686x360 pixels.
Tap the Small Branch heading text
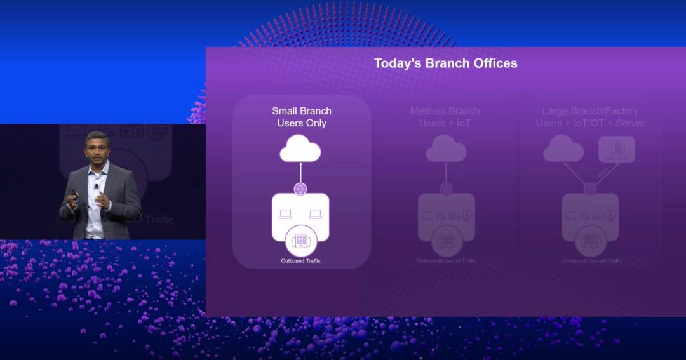coord(302,111)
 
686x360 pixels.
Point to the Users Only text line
coord(302,123)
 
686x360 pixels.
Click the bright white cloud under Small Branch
coord(300,150)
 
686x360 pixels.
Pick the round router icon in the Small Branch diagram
coord(300,189)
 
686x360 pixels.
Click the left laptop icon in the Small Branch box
coord(285,215)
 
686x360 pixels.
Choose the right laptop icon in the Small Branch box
coord(316,215)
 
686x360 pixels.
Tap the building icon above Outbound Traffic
coord(300,241)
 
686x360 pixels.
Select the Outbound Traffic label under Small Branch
coord(301,261)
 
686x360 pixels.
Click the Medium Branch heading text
coord(445,111)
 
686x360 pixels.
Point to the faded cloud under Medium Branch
coord(446,151)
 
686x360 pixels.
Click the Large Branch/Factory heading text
coord(591,111)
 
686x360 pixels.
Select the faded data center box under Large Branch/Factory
coord(617,149)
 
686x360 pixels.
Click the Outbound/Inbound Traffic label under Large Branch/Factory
coord(592,261)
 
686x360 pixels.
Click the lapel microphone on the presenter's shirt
coord(96,185)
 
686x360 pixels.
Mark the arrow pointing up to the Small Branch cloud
coord(300,172)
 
